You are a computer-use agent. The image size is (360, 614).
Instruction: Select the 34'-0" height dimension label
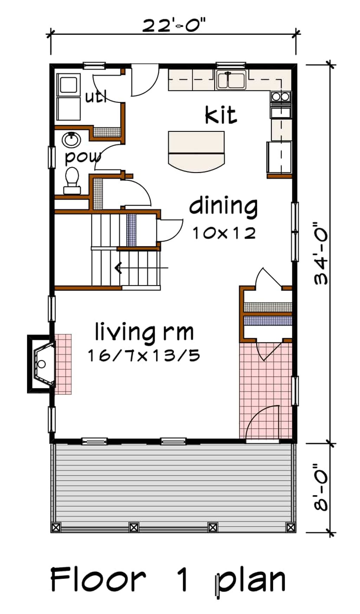(321, 253)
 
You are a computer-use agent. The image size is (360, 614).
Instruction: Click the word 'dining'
(224, 207)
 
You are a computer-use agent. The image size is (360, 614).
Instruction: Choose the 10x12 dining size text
(224, 232)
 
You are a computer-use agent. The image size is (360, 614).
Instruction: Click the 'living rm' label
(144, 332)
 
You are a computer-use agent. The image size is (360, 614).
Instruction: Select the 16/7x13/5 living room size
(144, 356)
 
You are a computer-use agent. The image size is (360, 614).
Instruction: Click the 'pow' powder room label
(83, 157)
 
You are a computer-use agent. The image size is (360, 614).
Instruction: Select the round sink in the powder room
(71, 140)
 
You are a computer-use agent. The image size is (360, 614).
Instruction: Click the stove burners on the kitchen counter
(280, 96)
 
